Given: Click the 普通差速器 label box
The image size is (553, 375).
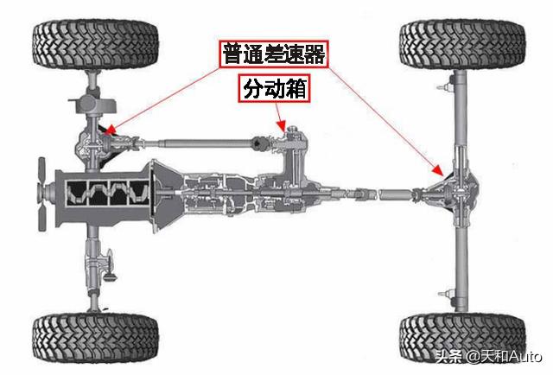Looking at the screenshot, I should [x=272, y=55].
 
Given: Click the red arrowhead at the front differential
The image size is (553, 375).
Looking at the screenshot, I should [x=109, y=133].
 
